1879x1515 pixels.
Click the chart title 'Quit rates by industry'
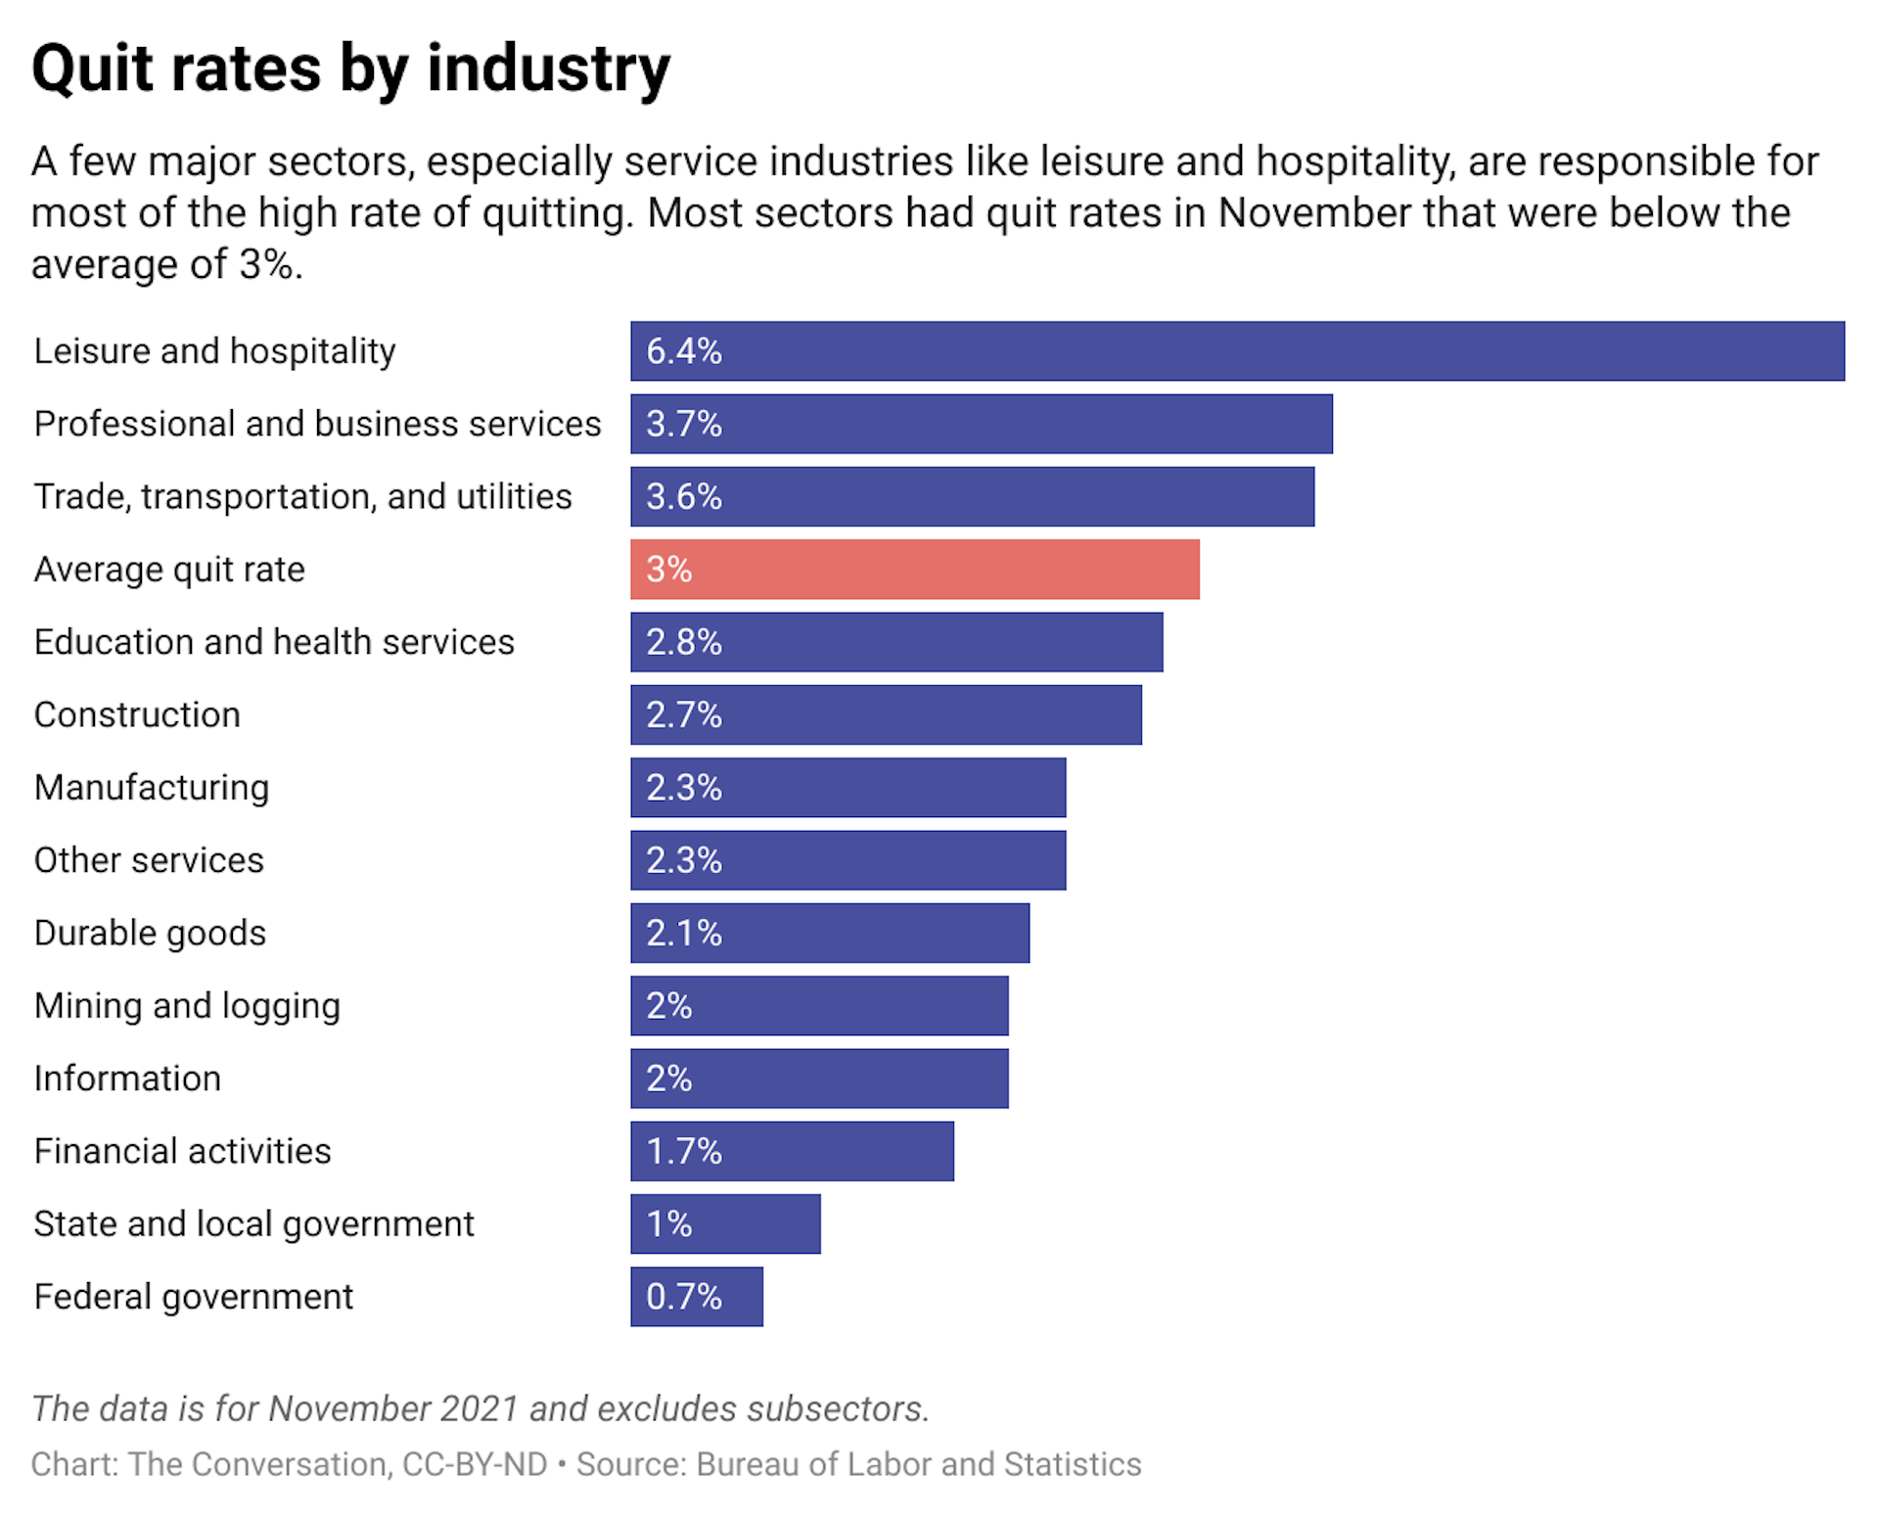click(350, 69)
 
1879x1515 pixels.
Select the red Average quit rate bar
click(914, 569)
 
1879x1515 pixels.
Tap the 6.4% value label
click(683, 351)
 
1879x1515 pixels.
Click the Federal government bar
click(697, 1296)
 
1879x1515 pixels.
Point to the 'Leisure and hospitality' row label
click(214, 351)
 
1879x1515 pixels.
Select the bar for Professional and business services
click(981, 424)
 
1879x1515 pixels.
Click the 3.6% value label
click(683, 496)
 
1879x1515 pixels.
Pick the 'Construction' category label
click(137, 714)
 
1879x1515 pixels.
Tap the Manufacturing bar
click(848, 787)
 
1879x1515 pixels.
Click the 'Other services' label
click(149, 860)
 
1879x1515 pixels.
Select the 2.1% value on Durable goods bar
click(683, 933)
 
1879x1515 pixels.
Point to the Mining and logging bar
click(819, 1005)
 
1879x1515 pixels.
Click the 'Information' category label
click(127, 1079)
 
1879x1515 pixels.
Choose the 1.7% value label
click(683, 1151)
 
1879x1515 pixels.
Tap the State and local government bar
click(725, 1223)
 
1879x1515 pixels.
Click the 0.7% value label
click(683, 1296)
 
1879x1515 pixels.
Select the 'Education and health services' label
click(274, 642)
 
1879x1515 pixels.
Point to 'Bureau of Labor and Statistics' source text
click(918, 1464)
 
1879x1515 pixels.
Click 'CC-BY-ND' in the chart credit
click(475, 1464)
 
